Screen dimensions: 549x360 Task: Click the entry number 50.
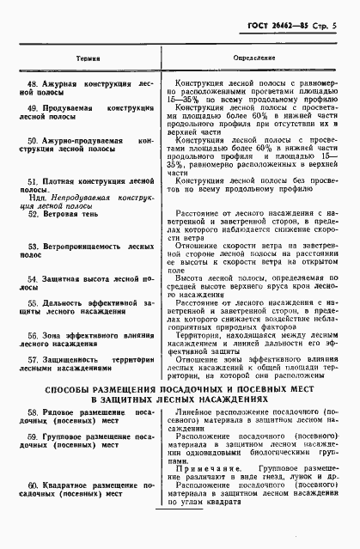[32, 139]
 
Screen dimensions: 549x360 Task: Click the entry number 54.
[32, 279]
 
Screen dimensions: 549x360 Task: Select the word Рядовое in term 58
[60, 413]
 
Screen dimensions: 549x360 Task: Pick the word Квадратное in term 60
[68, 486]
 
